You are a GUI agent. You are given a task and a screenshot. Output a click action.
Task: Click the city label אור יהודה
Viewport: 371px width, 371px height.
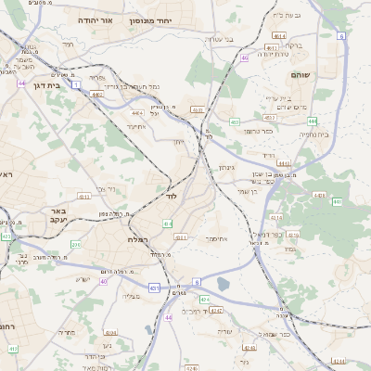point(93,19)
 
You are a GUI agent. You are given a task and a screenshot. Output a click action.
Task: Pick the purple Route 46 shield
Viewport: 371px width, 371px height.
point(244,58)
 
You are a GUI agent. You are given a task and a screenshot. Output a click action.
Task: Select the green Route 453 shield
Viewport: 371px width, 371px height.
point(235,122)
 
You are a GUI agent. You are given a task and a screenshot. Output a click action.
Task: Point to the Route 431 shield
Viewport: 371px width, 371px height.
point(153,288)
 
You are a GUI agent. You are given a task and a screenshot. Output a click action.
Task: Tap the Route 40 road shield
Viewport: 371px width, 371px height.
point(104,281)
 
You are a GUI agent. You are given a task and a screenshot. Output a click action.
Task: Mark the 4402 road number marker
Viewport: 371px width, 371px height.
point(97,94)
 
